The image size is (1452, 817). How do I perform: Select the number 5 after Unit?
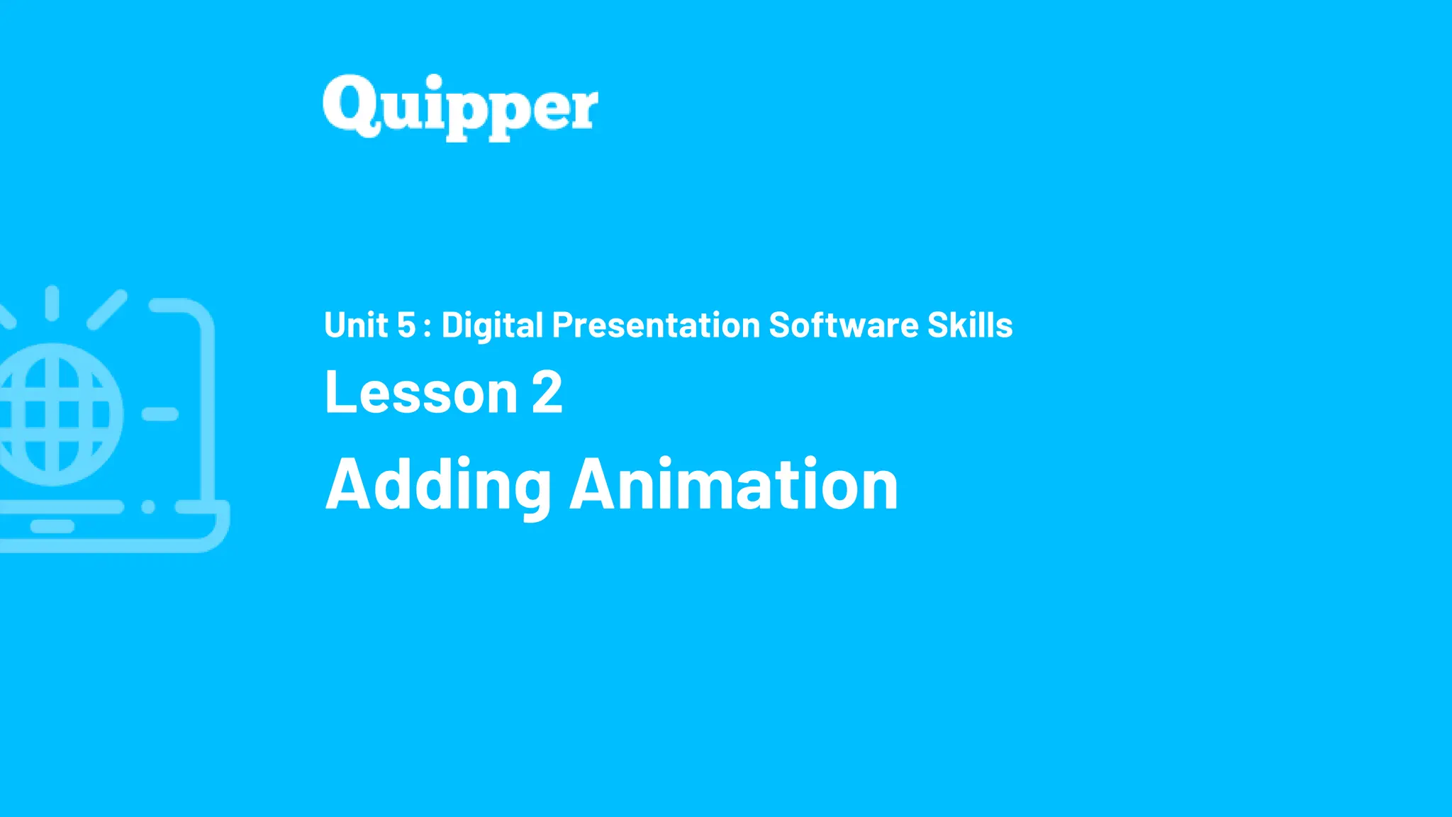pyautogui.click(x=406, y=326)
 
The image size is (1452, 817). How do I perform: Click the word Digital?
pyautogui.click(x=492, y=326)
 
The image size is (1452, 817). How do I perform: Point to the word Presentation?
pyautogui.click(x=656, y=326)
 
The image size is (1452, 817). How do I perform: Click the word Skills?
pyautogui.click(x=970, y=326)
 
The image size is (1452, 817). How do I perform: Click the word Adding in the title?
pyautogui.click(x=438, y=486)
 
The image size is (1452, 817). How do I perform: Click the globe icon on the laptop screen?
pyautogui.click(x=57, y=414)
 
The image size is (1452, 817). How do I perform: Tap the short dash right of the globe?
pyautogui.click(x=160, y=414)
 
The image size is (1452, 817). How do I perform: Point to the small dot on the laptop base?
pyautogui.click(x=148, y=507)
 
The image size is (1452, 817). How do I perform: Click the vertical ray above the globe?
pyautogui.click(x=52, y=303)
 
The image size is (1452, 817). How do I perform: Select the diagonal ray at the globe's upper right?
pyautogui.click(x=107, y=309)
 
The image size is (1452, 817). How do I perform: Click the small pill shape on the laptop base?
pyautogui.click(x=52, y=526)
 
